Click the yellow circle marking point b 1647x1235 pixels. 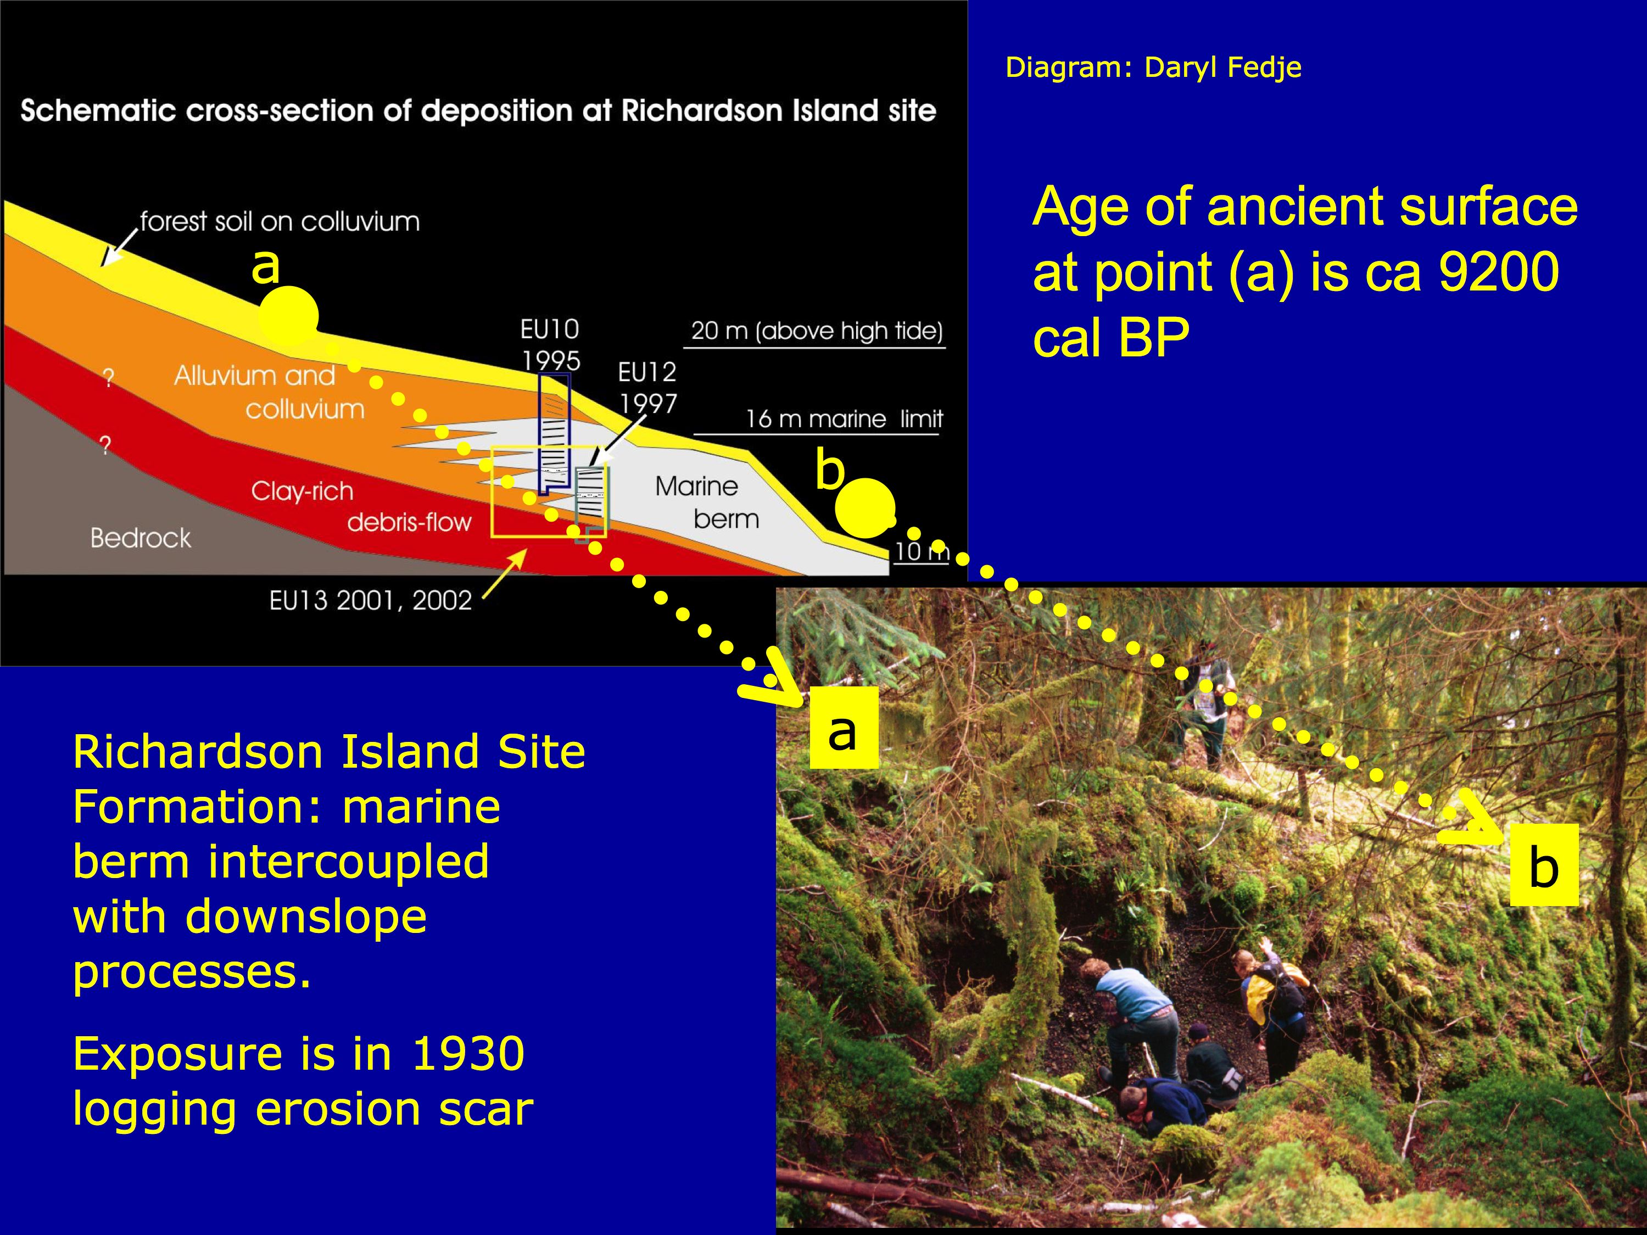[x=864, y=508]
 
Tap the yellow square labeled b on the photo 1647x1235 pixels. [x=1544, y=865]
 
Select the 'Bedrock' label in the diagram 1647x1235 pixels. [x=141, y=538]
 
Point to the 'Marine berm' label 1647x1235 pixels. [x=707, y=502]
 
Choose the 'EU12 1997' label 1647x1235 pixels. [x=647, y=387]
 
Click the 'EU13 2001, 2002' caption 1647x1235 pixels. [x=371, y=600]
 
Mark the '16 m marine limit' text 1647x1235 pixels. [x=844, y=419]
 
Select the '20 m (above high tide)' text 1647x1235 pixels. [x=817, y=331]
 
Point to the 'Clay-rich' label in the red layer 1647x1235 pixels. [x=302, y=491]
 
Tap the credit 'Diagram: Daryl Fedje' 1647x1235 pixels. [x=1153, y=68]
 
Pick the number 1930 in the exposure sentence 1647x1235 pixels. [x=468, y=1054]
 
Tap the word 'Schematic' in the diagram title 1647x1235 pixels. [x=96, y=111]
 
